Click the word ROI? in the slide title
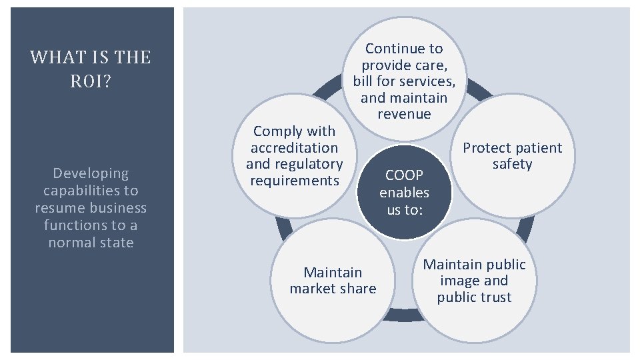coord(91,81)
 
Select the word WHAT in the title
coord(52,57)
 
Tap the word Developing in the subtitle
coord(91,173)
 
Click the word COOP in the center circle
coord(404,175)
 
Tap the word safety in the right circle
coord(512,164)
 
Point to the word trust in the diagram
coord(495,297)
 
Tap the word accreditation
coord(294,148)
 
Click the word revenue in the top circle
coord(404,114)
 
